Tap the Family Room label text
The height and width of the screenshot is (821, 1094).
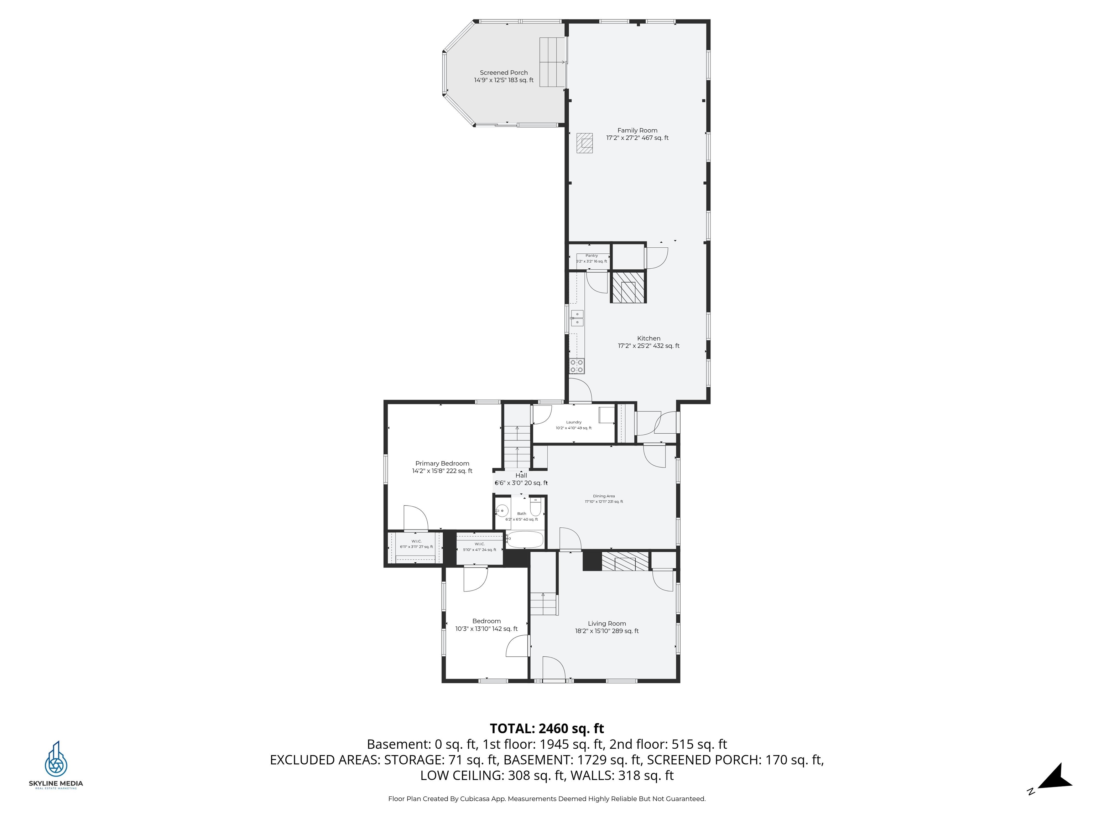tap(637, 134)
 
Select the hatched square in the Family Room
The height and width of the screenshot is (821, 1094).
tap(584, 143)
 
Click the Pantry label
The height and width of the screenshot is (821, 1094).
tap(591, 258)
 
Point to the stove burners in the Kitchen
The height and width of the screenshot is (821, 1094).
tap(577, 366)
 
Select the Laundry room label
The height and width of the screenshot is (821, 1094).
tap(574, 425)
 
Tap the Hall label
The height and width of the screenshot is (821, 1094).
tap(521, 479)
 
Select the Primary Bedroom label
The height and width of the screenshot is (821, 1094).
tap(442, 467)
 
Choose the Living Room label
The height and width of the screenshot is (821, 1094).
tap(607, 627)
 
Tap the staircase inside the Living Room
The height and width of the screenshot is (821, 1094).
tap(543, 603)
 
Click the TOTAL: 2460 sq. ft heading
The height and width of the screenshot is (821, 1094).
tap(547, 728)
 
